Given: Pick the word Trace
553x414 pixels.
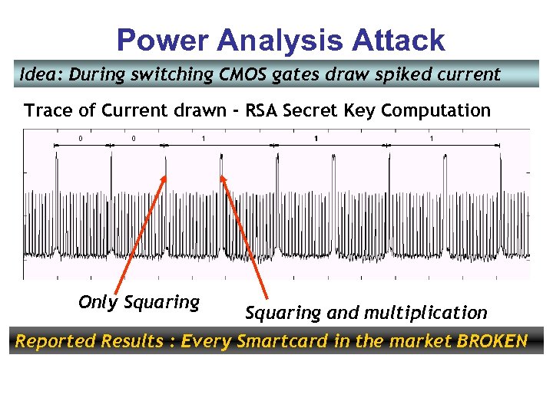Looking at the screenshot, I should pyautogui.click(x=48, y=110).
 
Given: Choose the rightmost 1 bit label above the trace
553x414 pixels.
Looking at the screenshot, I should pyautogui.click(x=432, y=139).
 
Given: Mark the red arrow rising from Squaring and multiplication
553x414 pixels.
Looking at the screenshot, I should pyautogui.click(x=243, y=234).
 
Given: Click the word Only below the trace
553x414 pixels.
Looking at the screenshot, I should pyautogui.click(x=98, y=302).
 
